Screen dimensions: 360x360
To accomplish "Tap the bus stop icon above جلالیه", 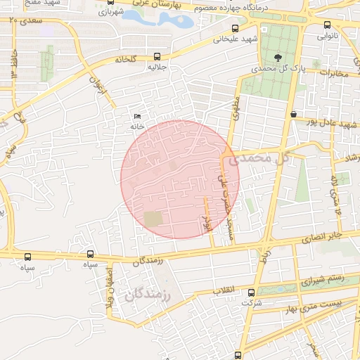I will (156, 57).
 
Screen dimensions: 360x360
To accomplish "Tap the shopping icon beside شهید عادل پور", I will (292, 114).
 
